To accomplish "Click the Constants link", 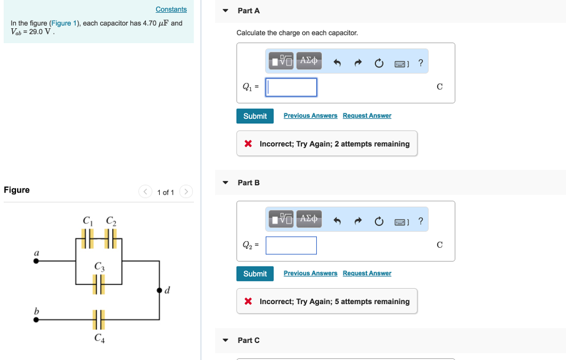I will point(171,9).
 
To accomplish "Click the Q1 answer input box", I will point(291,87).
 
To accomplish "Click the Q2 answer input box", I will point(291,246).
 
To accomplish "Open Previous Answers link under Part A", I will point(310,116).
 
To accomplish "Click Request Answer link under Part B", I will point(366,273).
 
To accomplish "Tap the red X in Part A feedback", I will point(248,144).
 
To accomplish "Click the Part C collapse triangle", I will point(225,340).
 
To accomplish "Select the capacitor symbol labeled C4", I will point(98,319).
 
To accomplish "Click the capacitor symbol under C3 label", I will point(98,284).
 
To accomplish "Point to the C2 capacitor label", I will point(111,221).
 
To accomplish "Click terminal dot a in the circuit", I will point(36,261).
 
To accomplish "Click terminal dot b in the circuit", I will point(36,319).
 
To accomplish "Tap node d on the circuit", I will point(160,290).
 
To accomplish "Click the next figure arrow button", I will point(186,192).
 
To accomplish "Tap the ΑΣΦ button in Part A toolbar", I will point(308,61).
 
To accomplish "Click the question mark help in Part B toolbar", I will point(421,221).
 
